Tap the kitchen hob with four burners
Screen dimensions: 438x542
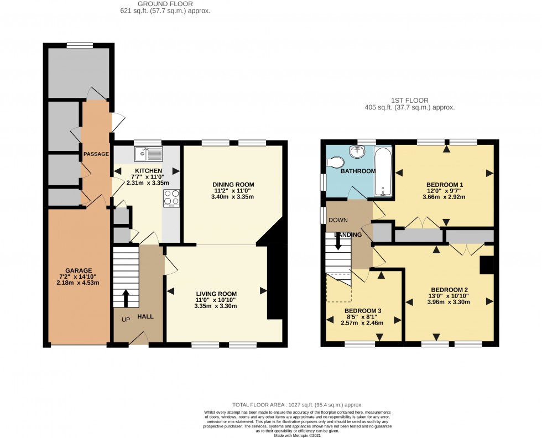tap(172, 197)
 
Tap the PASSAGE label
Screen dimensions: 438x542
tap(96, 154)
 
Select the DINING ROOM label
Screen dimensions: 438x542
tap(233, 184)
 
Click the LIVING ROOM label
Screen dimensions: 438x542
tap(216, 294)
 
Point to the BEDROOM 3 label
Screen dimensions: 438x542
tap(362, 311)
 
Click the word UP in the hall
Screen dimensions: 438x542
tap(127, 320)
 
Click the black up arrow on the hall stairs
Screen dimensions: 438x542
tap(126, 298)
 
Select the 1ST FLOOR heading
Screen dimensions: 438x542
tap(409, 101)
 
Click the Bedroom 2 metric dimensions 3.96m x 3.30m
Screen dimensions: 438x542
tap(450, 302)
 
